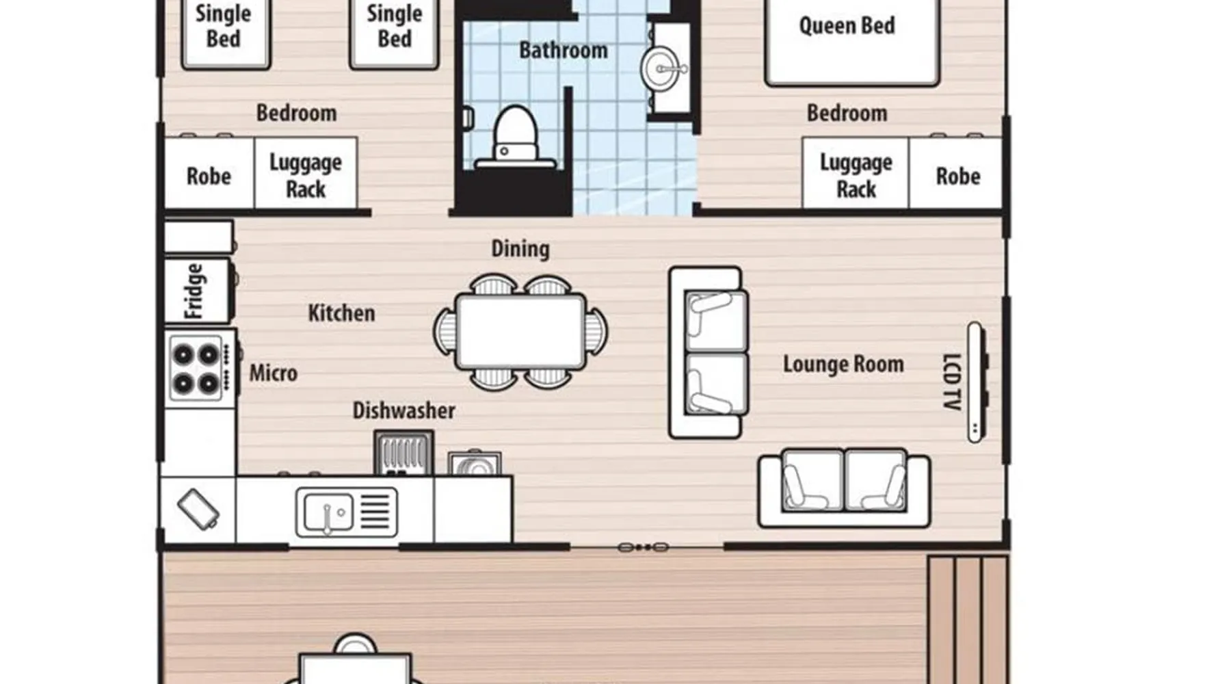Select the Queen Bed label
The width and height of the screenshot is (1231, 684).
pyautogui.click(x=847, y=26)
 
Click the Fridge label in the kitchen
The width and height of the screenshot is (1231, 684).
pyautogui.click(x=194, y=291)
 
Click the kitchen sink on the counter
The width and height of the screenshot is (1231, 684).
pyautogui.click(x=346, y=512)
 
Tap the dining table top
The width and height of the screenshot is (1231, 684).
pyautogui.click(x=520, y=332)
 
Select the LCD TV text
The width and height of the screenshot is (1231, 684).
pyautogui.click(x=951, y=382)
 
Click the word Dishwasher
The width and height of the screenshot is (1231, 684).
pyautogui.click(x=403, y=410)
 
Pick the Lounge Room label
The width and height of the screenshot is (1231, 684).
pyautogui.click(x=843, y=364)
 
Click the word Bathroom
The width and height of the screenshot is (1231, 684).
pyautogui.click(x=563, y=50)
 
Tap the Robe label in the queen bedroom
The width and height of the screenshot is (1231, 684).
pyautogui.click(x=957, y=176)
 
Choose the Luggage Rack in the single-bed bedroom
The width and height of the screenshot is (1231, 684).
pyautogui.click(x=305, y=175)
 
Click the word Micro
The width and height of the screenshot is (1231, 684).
pyautogui.click(x=273, y=373)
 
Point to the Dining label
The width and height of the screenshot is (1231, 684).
pyautogui.click(x=520, y=249)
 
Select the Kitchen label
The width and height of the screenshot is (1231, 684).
pyautogui.click(x=341, y=313)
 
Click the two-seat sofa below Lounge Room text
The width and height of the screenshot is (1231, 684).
pyautogui.click(x=844, y=487)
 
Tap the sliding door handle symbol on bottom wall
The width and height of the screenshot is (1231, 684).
pyautogui.click(x=642, y=547)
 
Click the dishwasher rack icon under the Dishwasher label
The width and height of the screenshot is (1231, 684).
pyautogui.click(x=403, y=453)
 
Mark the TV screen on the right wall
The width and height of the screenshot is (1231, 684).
pyautogui.click(x=977, y=382)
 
